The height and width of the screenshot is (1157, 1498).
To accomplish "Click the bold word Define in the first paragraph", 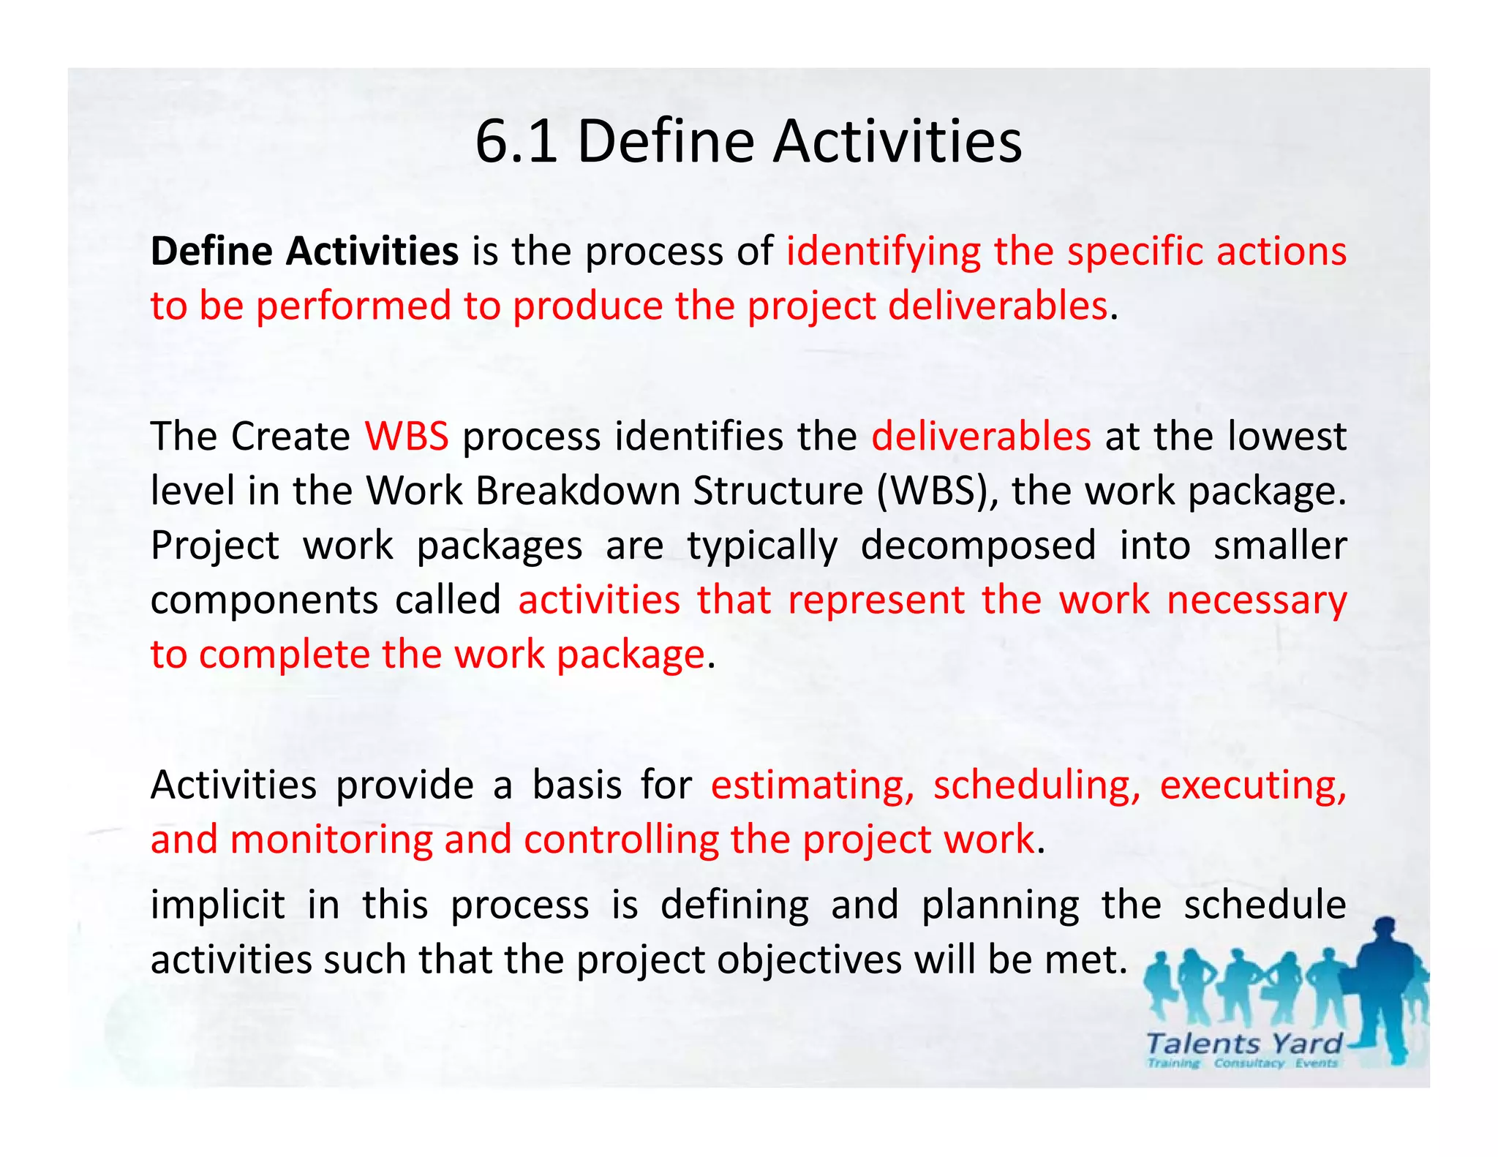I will pyautogui.click(x=211, y=251).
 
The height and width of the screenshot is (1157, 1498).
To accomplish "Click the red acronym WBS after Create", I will pyautogui.click(x=407, y=437).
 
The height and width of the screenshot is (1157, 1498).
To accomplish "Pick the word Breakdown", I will pyautogui.click(x=578, y=491).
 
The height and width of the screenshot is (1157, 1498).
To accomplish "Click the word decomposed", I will pyautogui.click(x=978, y=546).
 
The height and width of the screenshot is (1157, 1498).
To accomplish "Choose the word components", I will pyautogui.click(x=264, y=600).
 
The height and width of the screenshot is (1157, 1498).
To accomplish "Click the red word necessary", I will pyautogui.click(x=1257, y=600).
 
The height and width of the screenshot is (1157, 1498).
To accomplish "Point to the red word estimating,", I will pyautogui.click(x=813, y=785).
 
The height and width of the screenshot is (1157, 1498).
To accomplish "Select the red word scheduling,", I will pyautogui.click(x=1036, y=785).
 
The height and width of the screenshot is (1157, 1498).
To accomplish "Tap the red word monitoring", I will pyautogui.click(x=331, y=840).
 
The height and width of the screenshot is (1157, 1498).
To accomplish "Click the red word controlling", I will pyautogui.click(x=621, y=840).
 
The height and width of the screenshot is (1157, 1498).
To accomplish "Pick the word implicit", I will pyautogui.click(x=217, y=905).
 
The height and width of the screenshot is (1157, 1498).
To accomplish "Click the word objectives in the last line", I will pyautogui.click(x=809, y=960).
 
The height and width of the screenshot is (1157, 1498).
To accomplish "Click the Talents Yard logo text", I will pyautogui.click(x=1244, y=1044).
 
